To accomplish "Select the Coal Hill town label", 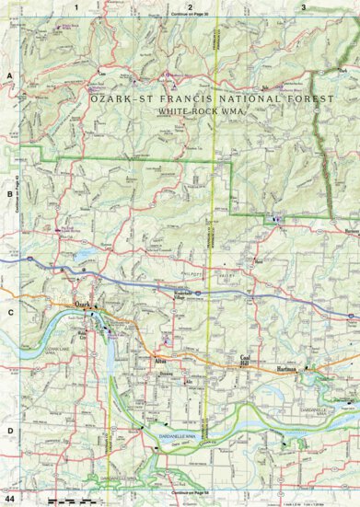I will pos(246,359).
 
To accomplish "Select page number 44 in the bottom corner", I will pos(8,498).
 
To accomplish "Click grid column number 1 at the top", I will pos(78,6).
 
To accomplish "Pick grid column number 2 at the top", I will pos(190,6).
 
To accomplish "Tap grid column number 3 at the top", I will pos(303,6).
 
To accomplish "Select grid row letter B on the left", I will pos(8,194).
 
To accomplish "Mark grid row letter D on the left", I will pos(8,430).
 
